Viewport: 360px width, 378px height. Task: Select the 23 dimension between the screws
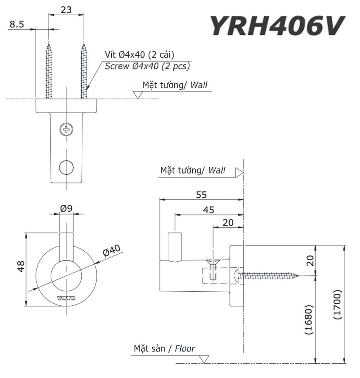66,10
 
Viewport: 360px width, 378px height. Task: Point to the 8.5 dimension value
17,24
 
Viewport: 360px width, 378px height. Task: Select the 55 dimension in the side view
201,194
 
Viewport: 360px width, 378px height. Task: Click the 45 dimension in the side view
209,210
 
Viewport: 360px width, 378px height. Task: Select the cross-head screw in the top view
66,129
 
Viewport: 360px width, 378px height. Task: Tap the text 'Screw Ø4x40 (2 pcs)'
147,66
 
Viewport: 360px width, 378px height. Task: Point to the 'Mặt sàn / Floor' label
164,348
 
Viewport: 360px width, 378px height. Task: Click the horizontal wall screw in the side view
268,275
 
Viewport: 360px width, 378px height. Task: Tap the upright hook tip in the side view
174,245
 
